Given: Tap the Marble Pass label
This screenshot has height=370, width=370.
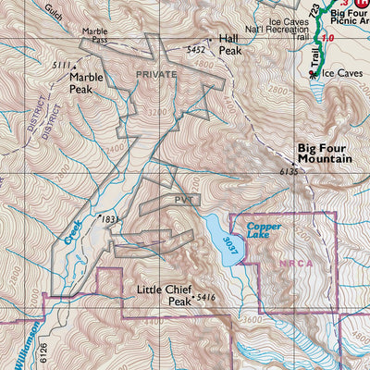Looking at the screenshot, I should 94,36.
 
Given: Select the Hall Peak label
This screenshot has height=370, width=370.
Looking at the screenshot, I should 228,45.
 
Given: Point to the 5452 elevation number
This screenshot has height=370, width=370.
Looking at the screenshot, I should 195,49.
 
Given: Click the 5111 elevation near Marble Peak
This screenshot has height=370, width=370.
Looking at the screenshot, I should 61,65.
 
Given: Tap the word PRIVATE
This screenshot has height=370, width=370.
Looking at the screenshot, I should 155,72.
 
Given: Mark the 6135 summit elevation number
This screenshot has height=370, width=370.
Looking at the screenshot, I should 290,172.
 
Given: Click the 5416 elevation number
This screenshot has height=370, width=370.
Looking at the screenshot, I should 205,299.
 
